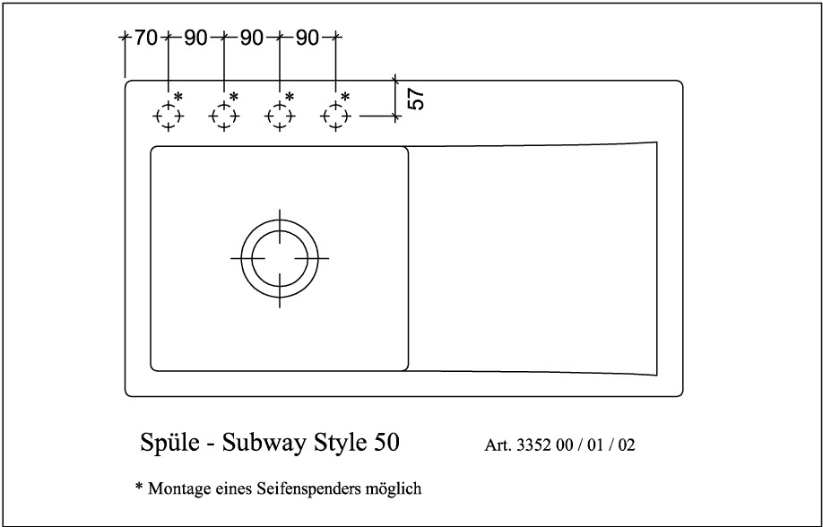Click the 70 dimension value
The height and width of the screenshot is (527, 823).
146,38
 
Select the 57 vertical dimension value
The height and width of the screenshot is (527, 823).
416,99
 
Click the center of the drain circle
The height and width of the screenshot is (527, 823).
279,258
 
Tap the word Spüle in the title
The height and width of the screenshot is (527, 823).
169,443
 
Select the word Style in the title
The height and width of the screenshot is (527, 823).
341,444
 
